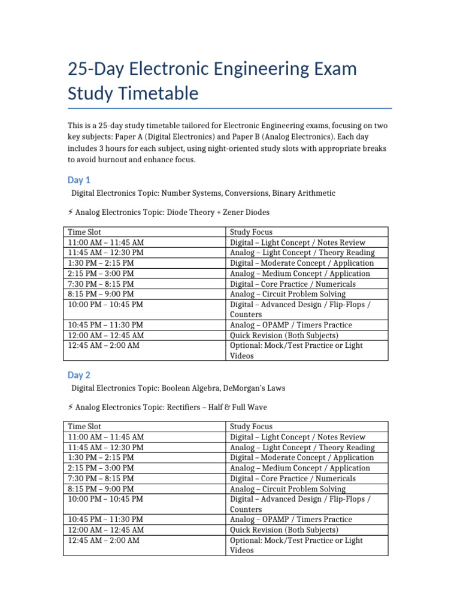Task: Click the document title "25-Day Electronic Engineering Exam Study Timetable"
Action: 213,81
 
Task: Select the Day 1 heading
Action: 79,180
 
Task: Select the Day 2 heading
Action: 79,375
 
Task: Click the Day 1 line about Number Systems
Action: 203,193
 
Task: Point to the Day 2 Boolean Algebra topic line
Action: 178,388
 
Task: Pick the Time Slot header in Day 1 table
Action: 86,232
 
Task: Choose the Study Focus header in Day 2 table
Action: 251,427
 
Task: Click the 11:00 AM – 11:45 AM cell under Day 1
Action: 105,242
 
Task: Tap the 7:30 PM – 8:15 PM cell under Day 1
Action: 101,284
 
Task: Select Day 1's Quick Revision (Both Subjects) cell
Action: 284,335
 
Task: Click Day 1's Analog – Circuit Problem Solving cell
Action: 287,294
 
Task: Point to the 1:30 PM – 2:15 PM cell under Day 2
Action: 101,458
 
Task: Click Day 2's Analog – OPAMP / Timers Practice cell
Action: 290,520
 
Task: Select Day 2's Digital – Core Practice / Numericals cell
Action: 292,478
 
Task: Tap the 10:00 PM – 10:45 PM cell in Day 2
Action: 105,499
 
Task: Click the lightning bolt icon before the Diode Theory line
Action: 71,213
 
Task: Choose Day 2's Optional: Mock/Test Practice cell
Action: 296,545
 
